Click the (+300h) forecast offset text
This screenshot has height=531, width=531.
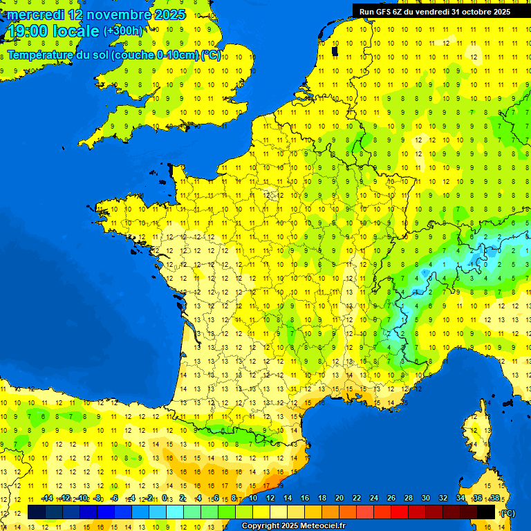pos(123,31)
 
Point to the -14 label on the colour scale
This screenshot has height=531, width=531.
pos(47,499)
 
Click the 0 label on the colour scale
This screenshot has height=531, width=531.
pos(165,499)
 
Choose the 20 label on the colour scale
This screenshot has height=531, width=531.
pos(339,499)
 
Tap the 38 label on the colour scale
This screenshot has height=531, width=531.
pos(494,499)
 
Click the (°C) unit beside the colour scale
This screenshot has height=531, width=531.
pos(507,513)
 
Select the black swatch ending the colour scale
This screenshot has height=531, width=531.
pos(486,512)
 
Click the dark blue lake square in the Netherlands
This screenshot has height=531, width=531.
pos(335,50)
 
